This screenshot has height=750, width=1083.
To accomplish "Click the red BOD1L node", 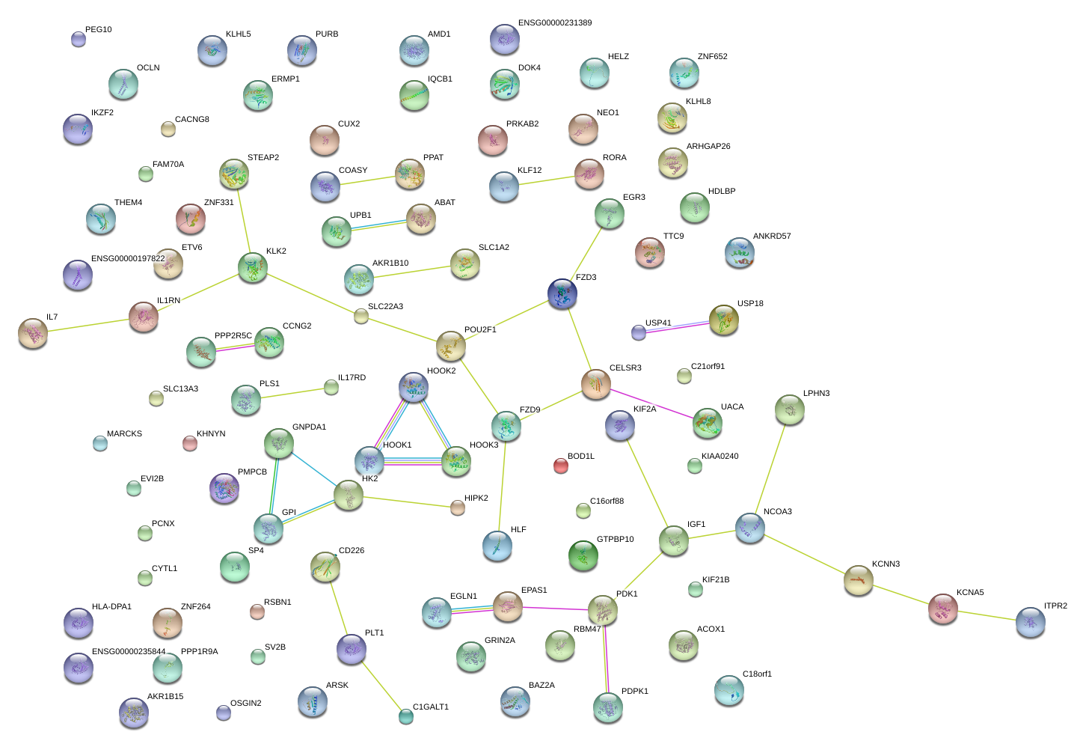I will tap(560, 466).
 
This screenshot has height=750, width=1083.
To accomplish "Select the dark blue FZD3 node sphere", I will tap(562, 293).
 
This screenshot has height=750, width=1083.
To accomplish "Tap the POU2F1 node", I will tap(450, 345).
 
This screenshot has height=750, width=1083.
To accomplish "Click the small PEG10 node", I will tap(79, 39).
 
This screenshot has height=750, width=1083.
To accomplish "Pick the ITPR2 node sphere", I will tap(1030, 622).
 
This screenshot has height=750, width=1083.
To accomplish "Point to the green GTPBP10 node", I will tap(583, 555).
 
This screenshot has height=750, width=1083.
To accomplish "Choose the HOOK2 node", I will tap(413, 387).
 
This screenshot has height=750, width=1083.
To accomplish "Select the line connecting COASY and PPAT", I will tap(367, 180).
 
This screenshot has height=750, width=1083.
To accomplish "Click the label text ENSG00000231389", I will tap(554, 23).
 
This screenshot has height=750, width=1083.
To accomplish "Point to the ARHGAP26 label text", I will tap(708, 147).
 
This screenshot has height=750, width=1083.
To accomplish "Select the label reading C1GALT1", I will tap(431, 707).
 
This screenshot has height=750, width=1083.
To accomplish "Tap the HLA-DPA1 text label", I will tap(111, 607).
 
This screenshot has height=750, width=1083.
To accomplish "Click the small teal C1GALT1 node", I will tap(406, 716).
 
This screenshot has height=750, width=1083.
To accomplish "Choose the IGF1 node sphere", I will tap(674, 540).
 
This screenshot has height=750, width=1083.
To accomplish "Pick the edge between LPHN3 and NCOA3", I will tap(770, 461).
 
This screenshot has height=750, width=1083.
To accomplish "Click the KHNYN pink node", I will tap(190, 444).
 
